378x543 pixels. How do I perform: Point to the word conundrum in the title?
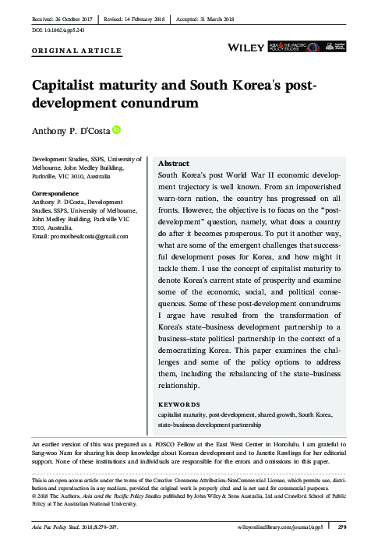pos(156,102)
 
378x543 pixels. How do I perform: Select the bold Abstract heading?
pos(173,164)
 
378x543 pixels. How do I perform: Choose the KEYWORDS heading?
pos(178,405)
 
